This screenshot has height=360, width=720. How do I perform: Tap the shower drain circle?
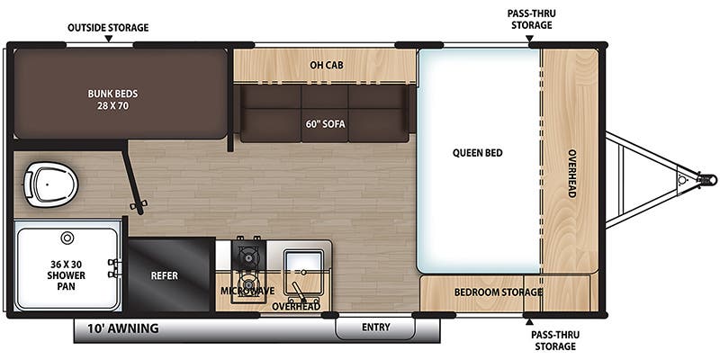(67, 238)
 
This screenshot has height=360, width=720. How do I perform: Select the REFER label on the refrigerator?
(165, 276)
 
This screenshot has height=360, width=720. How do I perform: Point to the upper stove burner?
(249, 257)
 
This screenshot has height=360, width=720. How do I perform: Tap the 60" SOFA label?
(325, 124)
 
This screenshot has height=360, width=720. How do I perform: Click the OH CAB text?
(327, 65)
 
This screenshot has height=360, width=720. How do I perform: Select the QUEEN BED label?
(478, 153)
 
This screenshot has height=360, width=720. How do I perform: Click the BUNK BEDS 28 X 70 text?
(113, 100)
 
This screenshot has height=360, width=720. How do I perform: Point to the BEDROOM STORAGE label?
(499, 292)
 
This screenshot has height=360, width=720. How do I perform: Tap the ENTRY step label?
(375, 327)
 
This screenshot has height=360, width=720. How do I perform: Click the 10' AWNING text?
(123, 328)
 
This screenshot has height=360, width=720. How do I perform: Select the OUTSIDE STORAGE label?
(108, 28)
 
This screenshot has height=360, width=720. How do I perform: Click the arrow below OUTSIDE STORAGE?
(108, 39)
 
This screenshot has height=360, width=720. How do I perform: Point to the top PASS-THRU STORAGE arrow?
(529, 39)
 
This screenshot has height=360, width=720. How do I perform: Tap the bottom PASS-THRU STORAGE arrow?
(529, 320)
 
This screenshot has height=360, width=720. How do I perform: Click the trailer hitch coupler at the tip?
(707, 179)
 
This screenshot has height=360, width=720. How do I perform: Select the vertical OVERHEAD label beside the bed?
(571, 174)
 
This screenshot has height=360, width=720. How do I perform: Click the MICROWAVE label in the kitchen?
(247, 291)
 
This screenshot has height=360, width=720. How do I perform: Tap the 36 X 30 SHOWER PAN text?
(66, 275)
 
